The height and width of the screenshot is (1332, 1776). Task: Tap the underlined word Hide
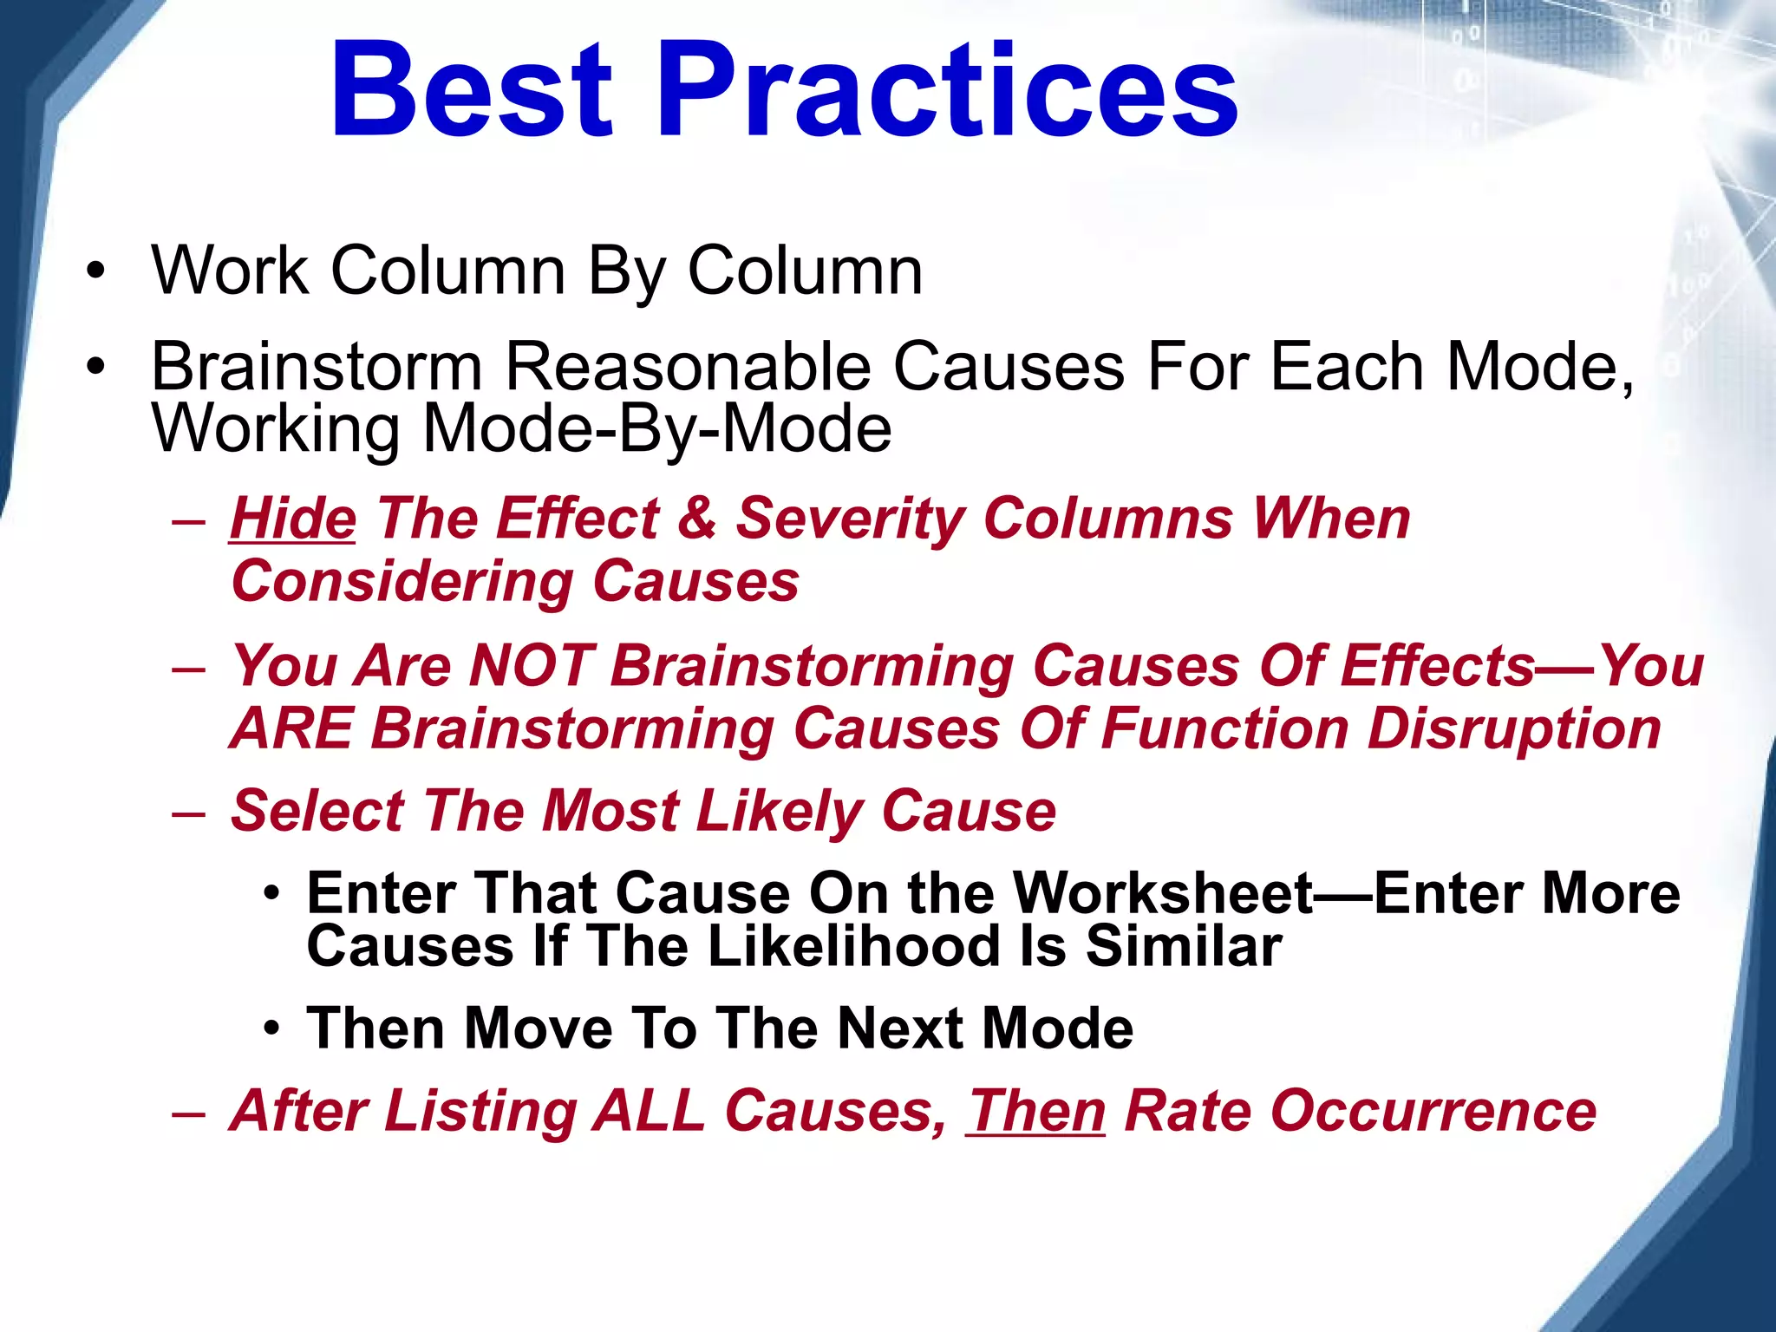293,519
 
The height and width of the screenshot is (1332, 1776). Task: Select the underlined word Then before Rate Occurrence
1035,1111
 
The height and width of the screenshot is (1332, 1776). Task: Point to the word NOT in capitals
531,666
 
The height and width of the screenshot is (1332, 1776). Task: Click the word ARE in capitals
292,728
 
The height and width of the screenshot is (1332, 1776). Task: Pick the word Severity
850,519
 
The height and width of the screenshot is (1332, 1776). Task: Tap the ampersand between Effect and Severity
696,519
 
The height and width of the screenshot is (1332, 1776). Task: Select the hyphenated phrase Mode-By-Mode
656,428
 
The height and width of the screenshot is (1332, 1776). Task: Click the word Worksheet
1163,893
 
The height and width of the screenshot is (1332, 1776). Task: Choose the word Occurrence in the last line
1360,1111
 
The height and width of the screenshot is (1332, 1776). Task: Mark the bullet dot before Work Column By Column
95,271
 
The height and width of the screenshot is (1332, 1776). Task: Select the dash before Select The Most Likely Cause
189,813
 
